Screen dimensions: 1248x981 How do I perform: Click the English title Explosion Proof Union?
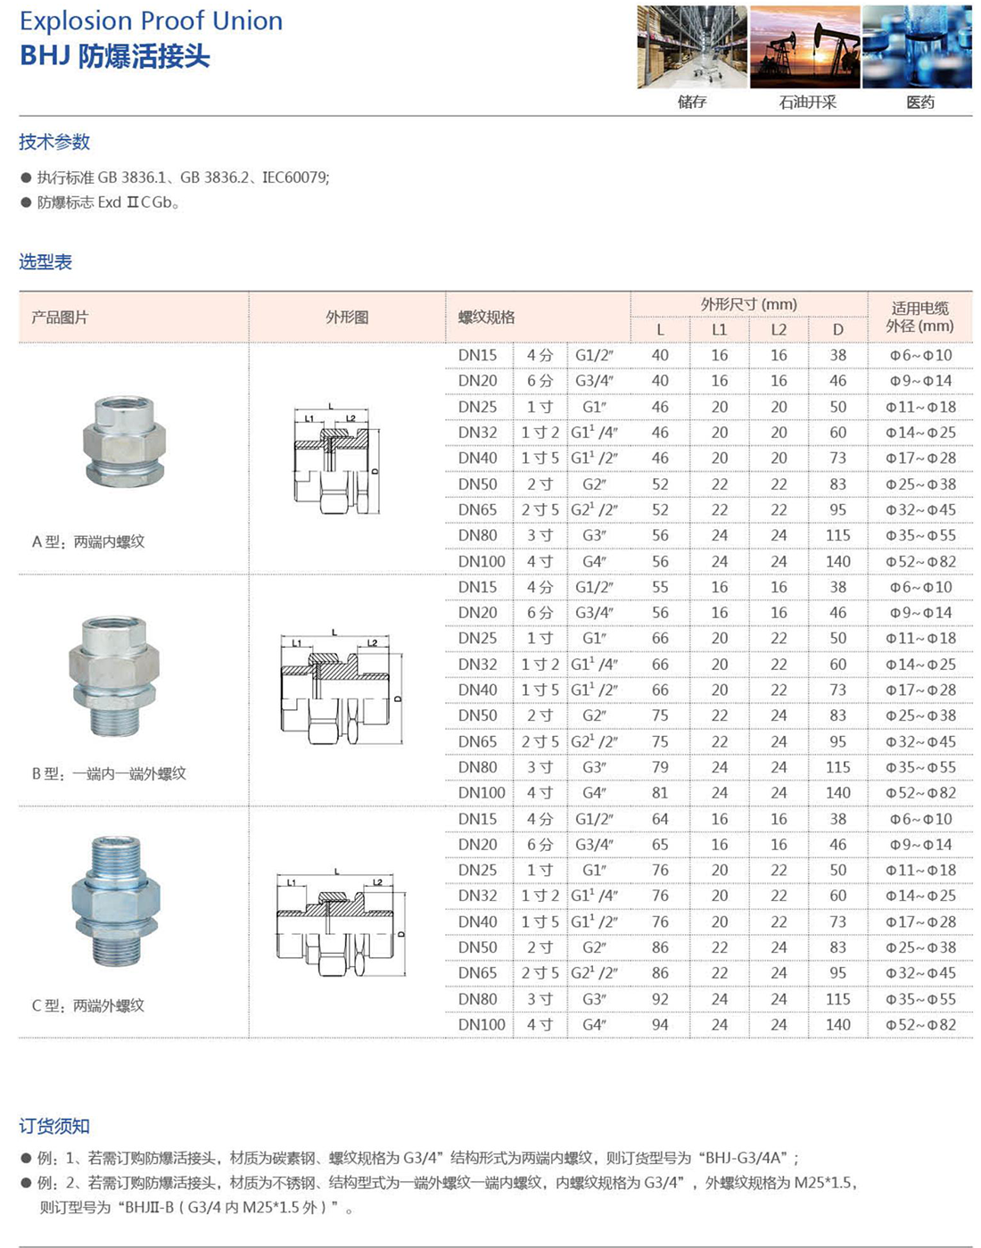[x=151, y=21]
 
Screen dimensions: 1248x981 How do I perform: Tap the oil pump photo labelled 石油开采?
[x=804, y=48]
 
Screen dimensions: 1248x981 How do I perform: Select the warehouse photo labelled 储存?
[x=692, y=48]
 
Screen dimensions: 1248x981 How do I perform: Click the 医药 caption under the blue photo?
[x=919, y=103]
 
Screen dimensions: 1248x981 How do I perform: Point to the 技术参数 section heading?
[x=54, y=142]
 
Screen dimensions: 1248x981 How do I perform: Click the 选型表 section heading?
[x=45, y=262]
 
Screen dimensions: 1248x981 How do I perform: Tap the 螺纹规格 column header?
[x=486, y=318]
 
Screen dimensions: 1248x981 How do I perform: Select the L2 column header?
[x=779, y=330]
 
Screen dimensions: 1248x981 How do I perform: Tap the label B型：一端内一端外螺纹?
[x=109, y=773]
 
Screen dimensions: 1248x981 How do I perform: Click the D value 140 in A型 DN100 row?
[x=837, y=561]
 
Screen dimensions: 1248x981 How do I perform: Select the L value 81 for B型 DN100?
[x=660, y=792]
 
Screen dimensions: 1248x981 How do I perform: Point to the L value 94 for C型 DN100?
[x=660, y=1024]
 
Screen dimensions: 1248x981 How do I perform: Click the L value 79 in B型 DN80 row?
[x=660, y=767]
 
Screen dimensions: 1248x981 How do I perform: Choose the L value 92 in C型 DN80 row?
[x=660, y=999]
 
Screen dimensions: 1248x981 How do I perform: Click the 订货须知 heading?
[x=54, y=1127]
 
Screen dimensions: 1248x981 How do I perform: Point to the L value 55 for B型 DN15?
[x=660, y=587]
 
